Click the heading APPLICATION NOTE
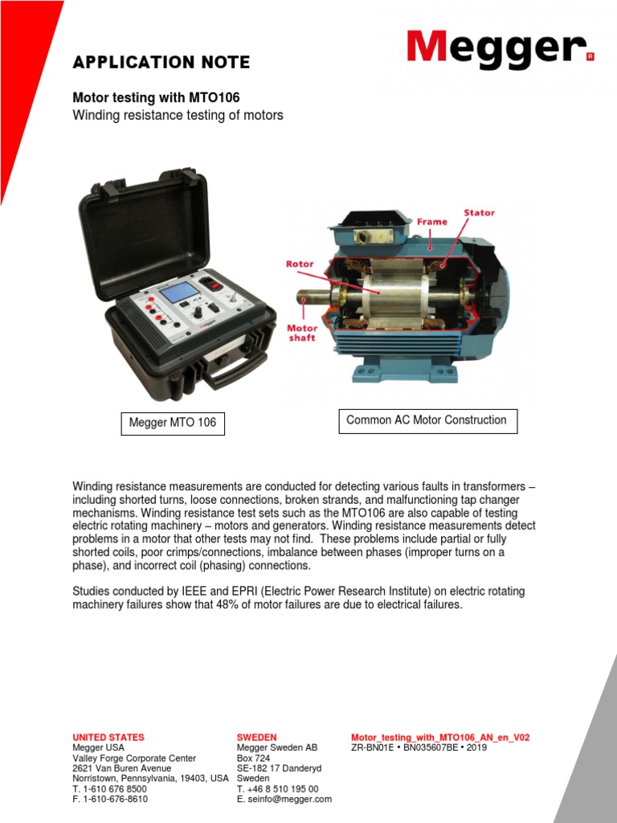point(161,63)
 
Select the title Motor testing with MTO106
point(157,97)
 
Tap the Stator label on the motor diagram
point(479,213)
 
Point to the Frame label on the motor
point(432,221)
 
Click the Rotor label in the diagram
point(300,263)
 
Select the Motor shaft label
point(302,333)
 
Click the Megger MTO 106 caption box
point(173,422)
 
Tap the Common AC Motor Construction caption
point(426,420)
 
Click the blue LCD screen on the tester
point(178,292)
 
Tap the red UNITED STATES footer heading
point(108,737)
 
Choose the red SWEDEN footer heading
point(256,737)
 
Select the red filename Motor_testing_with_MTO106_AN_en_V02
point(440,737)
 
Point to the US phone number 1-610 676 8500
point(115,789)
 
